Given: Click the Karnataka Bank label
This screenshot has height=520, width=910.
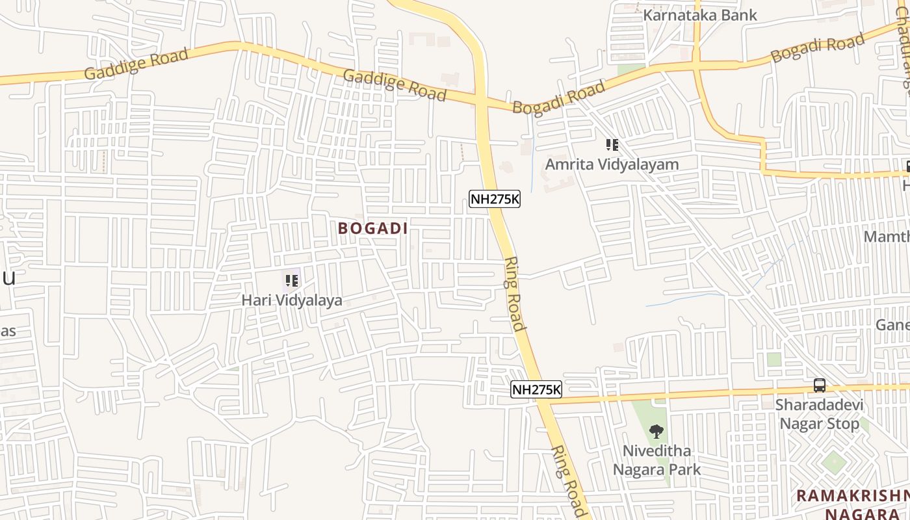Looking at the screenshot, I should point(700,15).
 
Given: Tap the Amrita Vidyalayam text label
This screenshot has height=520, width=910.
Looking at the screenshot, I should point(612,164).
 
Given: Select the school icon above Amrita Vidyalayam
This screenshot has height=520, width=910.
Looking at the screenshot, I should point(612,145).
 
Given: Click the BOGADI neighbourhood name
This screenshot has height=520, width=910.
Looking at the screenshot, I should point(373,228).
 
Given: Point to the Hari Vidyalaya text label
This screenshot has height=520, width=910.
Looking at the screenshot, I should point(292,300).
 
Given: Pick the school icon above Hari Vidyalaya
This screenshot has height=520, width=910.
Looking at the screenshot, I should point(292,281).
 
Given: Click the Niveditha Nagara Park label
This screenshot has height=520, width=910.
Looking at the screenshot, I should point(656,460).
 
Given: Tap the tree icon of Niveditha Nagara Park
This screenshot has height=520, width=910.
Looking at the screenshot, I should point(656,430).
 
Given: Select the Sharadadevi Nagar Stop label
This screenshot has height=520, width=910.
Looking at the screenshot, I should point(819,415).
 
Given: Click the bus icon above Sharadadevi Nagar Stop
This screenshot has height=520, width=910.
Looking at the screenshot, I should point(820,385).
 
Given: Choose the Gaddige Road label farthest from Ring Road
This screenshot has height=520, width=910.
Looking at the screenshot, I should point(136,64).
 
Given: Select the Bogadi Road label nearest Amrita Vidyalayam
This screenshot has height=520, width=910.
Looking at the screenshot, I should point(559,97).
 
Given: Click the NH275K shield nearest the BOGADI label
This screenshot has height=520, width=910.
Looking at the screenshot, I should point(495,199).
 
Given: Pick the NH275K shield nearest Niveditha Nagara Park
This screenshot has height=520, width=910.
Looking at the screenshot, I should point(536,389).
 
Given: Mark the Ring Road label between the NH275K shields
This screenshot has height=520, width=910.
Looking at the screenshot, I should point(514,294).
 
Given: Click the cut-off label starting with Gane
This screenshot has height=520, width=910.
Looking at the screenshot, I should point(892,324).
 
